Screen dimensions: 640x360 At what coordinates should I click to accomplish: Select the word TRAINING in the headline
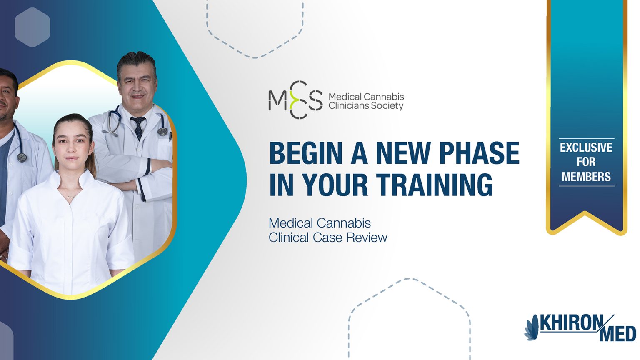coord(434,185)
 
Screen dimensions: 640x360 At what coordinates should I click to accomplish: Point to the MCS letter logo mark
coord(295,100)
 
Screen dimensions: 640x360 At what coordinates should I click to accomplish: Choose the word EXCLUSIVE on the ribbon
coord(586,147)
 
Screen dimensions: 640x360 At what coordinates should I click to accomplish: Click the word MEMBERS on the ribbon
coord(586,177)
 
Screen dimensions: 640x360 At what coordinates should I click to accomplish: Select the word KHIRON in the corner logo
coord(571,323)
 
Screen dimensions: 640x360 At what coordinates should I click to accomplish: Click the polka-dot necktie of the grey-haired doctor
coord(138,128)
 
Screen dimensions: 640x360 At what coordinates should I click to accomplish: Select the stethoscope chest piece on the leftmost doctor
coord(22,157)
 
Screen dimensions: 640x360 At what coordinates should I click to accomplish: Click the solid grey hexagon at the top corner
coord(32,27)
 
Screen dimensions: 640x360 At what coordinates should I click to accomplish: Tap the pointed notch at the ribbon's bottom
coord(585,213)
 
